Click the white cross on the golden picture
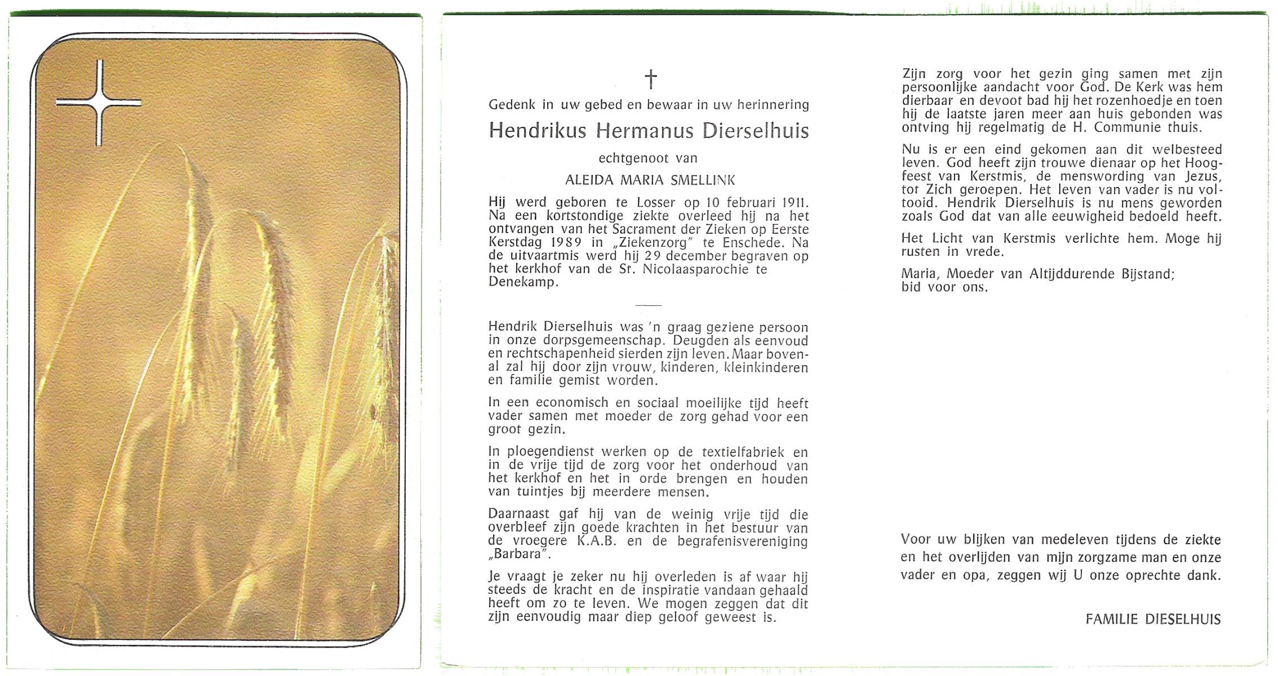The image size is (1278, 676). click(x=99, y=103)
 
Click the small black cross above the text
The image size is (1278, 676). click(x=650, y=79)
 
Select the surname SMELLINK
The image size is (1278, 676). click(x=703, y=180)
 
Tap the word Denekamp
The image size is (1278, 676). click(x=522, y=283)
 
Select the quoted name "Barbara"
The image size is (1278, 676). click(x=519, y=554)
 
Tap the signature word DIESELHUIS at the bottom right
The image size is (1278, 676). click(x=1183, y=620)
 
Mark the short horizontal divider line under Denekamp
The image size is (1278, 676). click(x=648, y=305)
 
